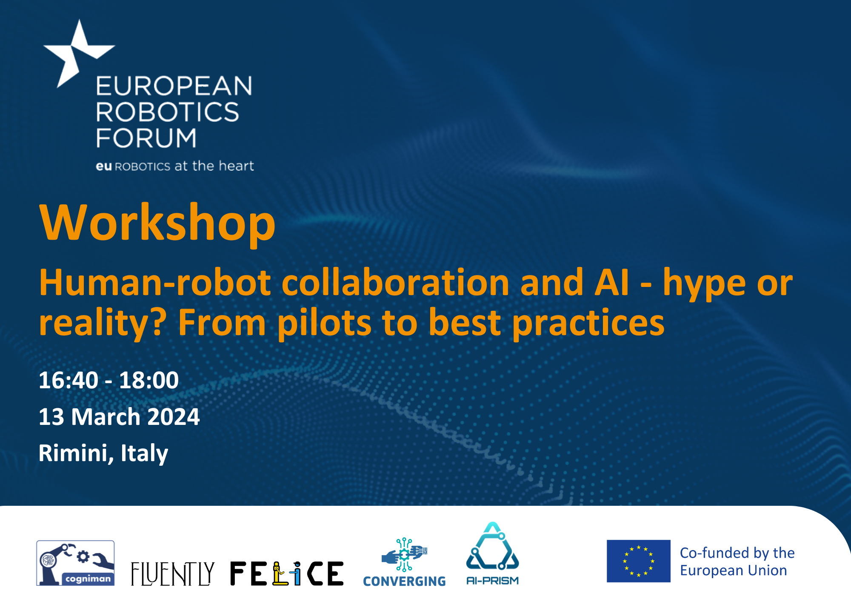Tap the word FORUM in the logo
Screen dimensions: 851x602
pyautogui.click(x=146, y=138)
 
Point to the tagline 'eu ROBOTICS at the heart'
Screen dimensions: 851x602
pyautogui.click(x=175, y=166)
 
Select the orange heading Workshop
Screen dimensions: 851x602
pyautogui.click(x=157, y=223)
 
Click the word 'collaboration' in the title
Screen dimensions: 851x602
pyautogui.click(x=395, y=283)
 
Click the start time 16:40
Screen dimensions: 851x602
pyautogui.click(x=69, y=380)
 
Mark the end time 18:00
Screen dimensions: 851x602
pyautogui.click(x=149, y=380)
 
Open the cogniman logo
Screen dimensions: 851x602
pyautogui.click(x=75, y=563)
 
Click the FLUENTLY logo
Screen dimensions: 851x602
pyautogui.click(x=172, y=573)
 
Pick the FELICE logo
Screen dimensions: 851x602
pyautogui.click(x=287, y=573)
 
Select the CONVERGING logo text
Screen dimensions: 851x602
pyautogui.click(x=404, y=581)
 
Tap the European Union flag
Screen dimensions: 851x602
pyautogui.click(x=638, y=561)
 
